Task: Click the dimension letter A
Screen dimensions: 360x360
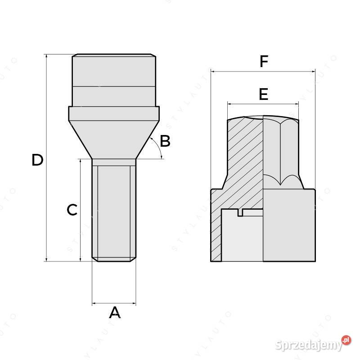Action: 115,312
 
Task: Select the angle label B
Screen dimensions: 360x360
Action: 165,141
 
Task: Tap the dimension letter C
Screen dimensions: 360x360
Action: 72,210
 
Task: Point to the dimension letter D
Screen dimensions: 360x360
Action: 37,160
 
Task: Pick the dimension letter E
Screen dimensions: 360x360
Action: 263,94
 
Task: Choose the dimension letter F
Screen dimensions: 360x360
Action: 264,62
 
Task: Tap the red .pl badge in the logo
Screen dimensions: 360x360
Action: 346,340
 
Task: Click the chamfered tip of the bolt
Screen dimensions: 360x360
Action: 114,259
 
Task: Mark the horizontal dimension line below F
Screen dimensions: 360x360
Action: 263,71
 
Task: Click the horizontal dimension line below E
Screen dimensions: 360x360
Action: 263,103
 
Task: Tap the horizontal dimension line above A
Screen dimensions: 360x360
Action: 114,304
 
